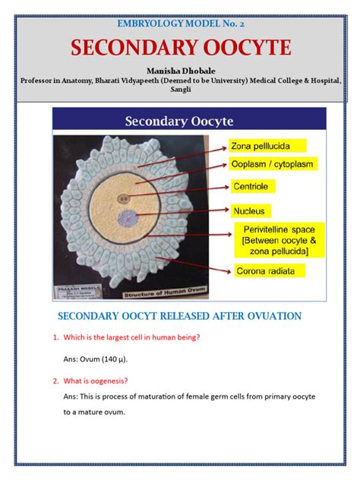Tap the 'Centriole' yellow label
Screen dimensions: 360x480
[x=253, y=186]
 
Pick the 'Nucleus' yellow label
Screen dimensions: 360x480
[x=250, y=210]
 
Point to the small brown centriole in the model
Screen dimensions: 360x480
[x=123, y=199]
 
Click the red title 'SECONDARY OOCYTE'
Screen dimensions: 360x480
[x=181, y=48]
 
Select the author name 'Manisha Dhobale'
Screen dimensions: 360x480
[x=181, y=70]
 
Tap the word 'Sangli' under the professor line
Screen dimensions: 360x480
[x=181, y=90]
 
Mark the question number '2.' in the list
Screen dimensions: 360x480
[x=55, y=381]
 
